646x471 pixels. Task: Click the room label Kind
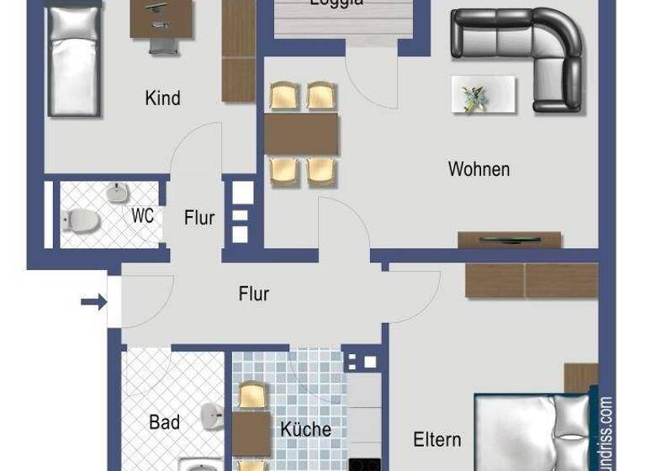coord(162,98)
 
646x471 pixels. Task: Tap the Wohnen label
coord(479,169)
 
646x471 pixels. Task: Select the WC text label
coord(142,216)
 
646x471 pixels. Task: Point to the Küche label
coord(305,429)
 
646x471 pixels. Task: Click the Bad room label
coord(164,422)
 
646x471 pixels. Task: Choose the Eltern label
coord(437,439)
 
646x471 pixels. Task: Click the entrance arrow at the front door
coord(93,301)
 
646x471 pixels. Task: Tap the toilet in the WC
coord(81,221)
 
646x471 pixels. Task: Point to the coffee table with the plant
coord(483,95)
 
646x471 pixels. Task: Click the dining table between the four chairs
coord(301,134)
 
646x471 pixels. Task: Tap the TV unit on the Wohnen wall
coord(509,240)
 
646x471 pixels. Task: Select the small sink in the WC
coord(117,193)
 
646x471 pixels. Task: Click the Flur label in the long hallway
coord(253,294)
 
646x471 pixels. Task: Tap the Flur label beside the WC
coord(199,218)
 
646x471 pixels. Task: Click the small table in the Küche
coord(251,433)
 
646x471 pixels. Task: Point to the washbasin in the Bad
coord(211,416)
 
